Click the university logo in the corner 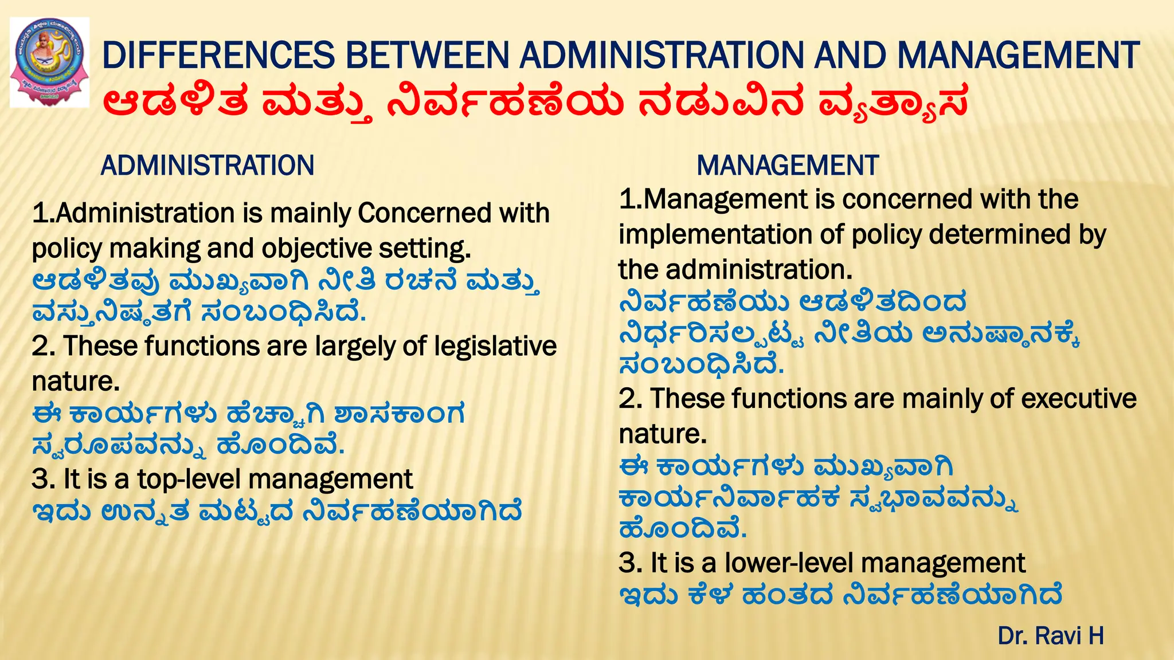(x=50, y=62)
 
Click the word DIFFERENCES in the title (x=218, y=56)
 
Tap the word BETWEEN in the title (x=428, y=56)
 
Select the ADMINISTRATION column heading (x=208, y=166)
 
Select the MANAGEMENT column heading (x=788, y=166)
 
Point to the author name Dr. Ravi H (x=1051, y=636)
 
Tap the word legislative (x=495, y=347)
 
